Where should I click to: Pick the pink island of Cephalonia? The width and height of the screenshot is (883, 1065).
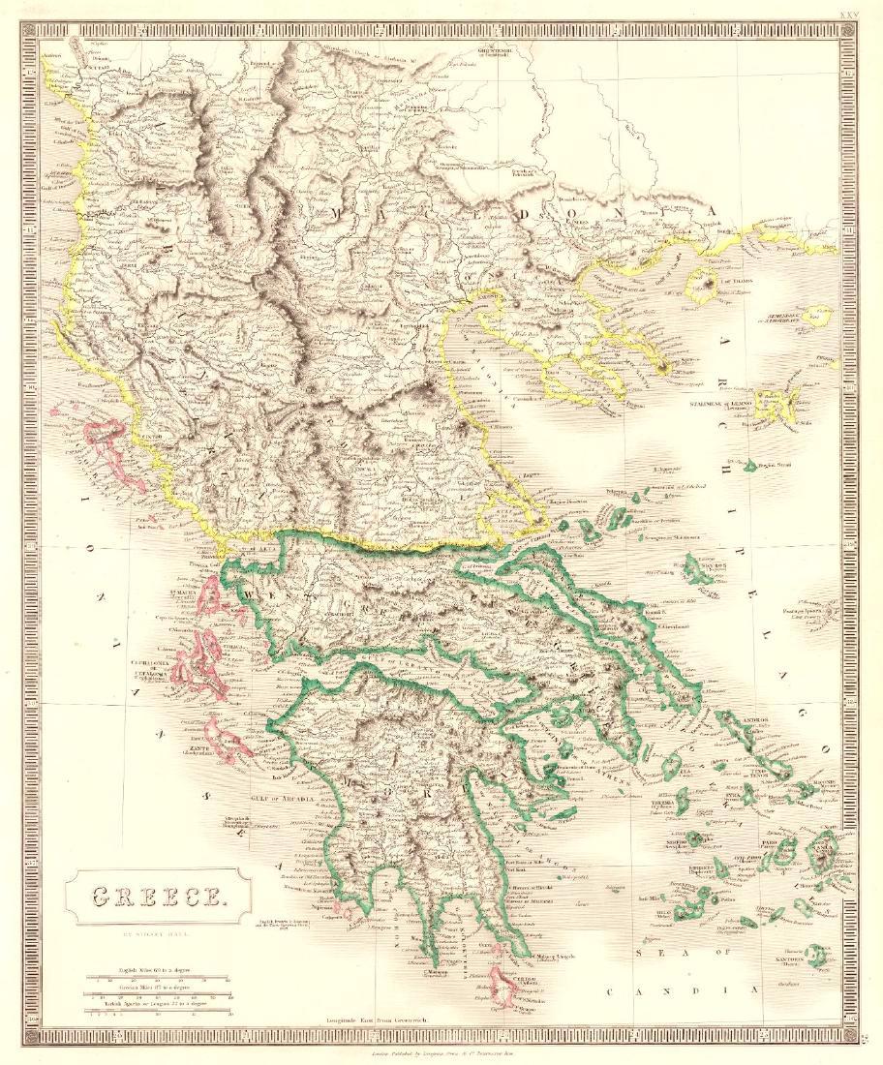198,666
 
